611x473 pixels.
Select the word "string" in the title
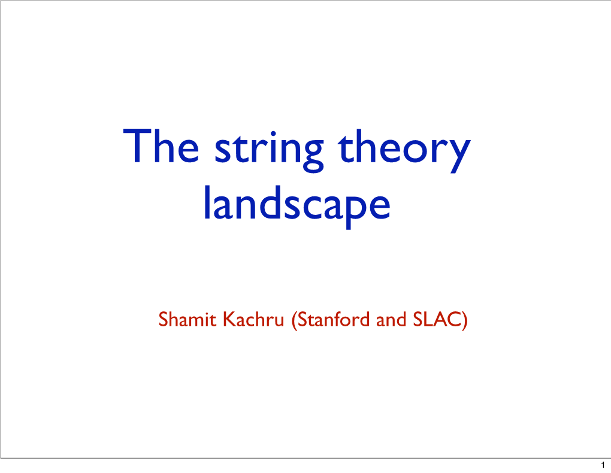click(x=270, y=151)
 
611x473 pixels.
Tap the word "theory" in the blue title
click(x=404, y=150)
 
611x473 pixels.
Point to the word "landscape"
click(x=297, y=207)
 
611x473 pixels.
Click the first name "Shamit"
click(x=187, y=320)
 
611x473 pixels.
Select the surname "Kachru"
click(x=253, y=320)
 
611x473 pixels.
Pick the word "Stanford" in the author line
click(x=331, y=320)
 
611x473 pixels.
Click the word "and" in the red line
click(x=391, y=320)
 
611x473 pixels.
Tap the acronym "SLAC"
click(x=436, y=320)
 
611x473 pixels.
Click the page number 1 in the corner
click(x=603, y=465)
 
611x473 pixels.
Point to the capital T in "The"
click(x=137, y=145)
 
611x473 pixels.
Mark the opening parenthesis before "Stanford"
click(x=294, y=321)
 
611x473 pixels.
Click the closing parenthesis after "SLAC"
click(x=464, y=321)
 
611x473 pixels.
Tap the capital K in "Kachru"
click(x=229, y=320)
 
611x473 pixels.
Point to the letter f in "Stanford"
click(x=332, y=319)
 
